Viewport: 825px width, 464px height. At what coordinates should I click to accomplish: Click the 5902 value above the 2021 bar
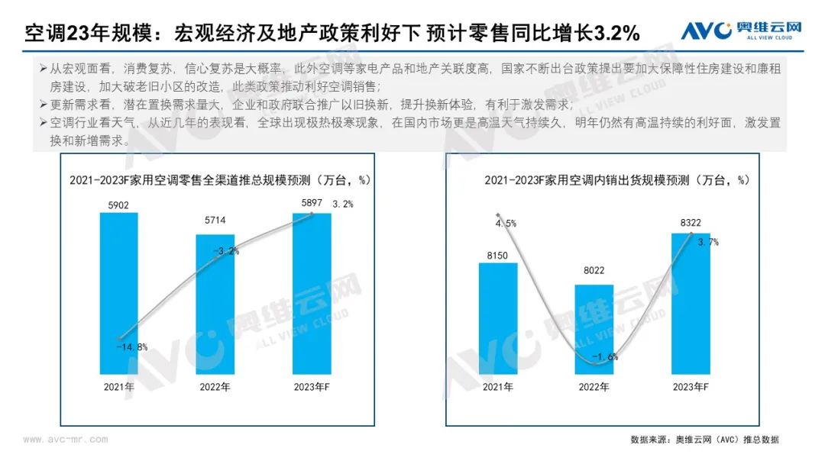[x=119, y=205]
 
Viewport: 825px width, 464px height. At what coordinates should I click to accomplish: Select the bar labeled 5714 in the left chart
[x=215, y=305]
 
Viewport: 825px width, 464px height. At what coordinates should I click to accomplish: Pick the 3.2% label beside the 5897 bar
[x=343, y=205]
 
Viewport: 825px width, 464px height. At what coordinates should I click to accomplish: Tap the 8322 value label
[x=691, y=223]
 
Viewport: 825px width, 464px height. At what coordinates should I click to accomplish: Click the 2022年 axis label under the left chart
[x=215, y=387]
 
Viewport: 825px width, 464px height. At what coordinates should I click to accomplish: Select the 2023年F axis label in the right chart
[x=691, y=387]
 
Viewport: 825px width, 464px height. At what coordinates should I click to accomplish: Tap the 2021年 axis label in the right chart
[x=497, y=387]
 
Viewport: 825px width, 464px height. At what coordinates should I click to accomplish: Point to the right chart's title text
[x=616, y=180]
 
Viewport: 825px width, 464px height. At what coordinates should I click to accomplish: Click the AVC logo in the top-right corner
[x=741, y=31]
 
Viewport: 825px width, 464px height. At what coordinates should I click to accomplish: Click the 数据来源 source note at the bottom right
[x=704, y=440]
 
